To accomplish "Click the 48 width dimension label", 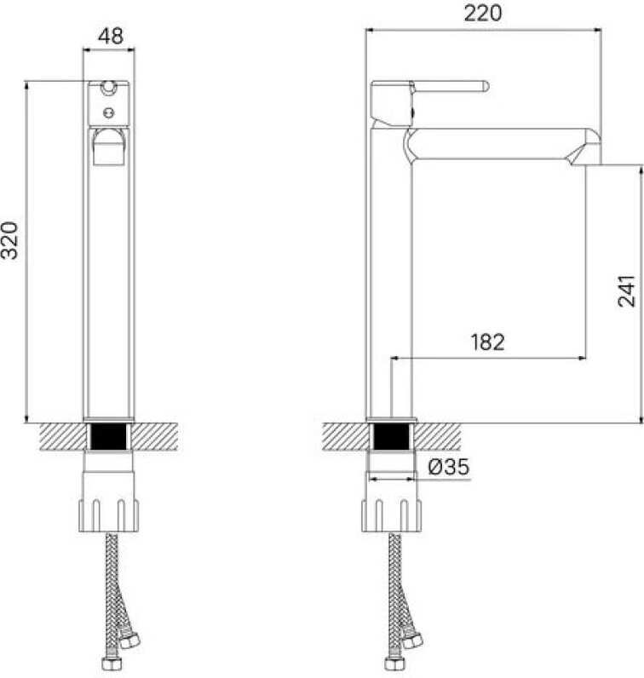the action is pos(110,36).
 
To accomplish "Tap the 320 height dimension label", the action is pos(9,240).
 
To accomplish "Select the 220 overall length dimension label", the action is pos(483,13).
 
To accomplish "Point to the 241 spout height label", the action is pos(626,291).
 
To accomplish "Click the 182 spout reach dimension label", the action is pos(487,342).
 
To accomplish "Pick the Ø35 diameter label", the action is pos(449,467).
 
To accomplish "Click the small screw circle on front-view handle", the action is pos(108,112).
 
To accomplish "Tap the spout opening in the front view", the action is pos(108,147).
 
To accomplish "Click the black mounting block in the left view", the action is pos(108,437).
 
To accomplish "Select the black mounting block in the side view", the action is pos(391,437).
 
